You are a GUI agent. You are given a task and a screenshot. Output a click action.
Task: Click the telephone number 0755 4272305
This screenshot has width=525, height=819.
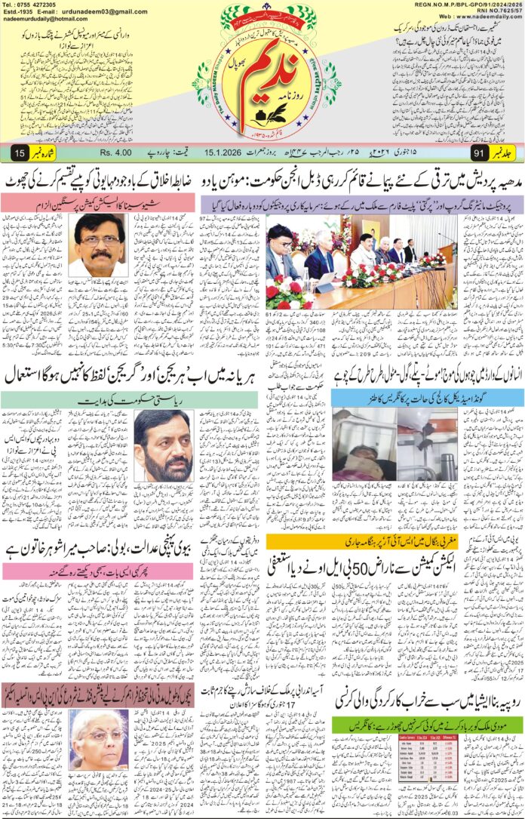(38, 5)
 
